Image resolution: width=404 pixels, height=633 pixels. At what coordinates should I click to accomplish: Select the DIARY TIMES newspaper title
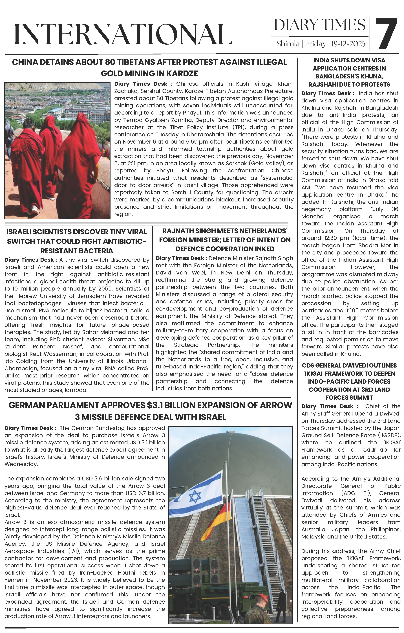click(x=320, y=25)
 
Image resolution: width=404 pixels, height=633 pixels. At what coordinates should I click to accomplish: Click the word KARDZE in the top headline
click(x=181, y=73)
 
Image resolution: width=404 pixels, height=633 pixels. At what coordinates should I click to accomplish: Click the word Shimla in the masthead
click(x=288, y=44)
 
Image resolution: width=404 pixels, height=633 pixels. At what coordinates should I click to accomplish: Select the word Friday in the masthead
click(x=315, y=44)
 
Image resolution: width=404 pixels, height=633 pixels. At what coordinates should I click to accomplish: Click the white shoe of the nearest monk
click(x=35, y=209)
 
